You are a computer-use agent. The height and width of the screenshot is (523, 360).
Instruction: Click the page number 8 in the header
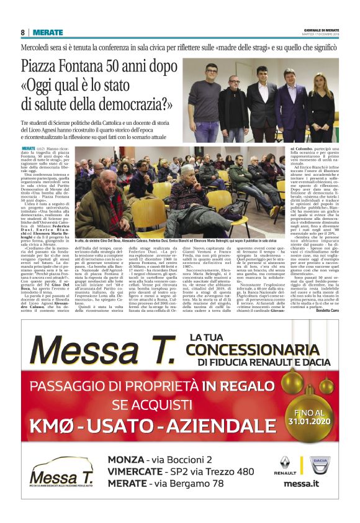(x=22, y=32)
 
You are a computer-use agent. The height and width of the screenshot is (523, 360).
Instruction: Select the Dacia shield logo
(x=322, y=465)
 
